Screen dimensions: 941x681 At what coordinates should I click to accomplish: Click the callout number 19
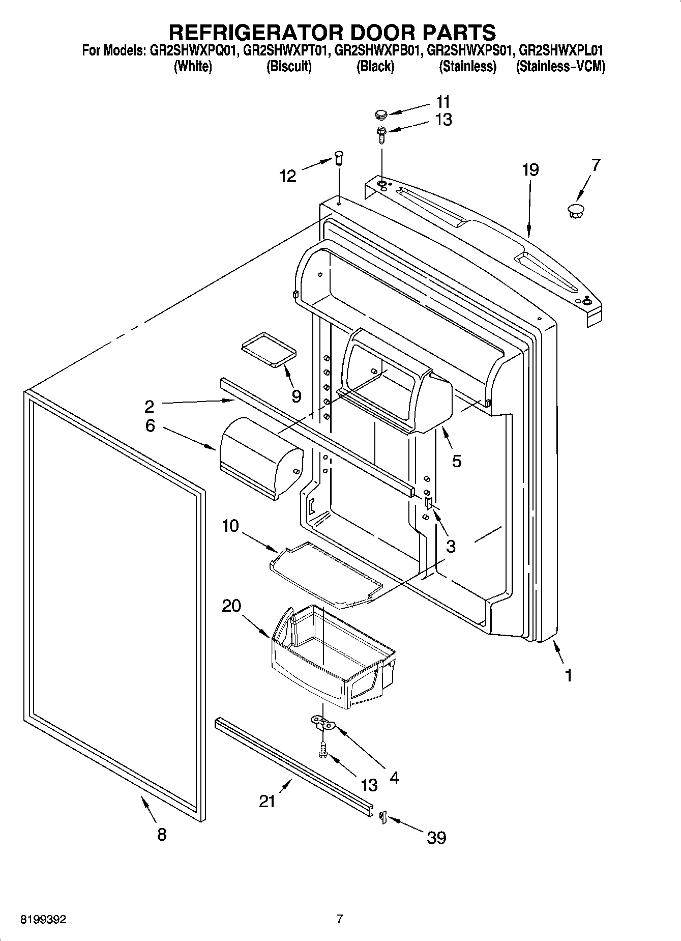click(x=530, y=170)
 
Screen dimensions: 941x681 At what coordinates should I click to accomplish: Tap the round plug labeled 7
click(x=575, y=210)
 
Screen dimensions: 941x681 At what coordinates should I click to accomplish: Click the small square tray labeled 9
click(x=268, y=349)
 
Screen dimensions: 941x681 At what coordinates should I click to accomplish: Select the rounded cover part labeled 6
click(x=260, y=457)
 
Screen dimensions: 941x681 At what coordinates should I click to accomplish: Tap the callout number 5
click(x=456, y=461)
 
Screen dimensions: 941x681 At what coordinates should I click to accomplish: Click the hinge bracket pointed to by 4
click(x=322, y=722)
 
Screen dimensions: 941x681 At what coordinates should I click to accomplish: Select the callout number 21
click(x=267, y=801)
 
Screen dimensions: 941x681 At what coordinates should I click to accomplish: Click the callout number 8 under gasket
click(x=161, y=835)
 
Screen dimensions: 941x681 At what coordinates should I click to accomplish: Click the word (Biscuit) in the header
click(x=289, y=67)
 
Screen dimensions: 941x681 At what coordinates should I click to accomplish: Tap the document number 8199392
click(x=43, y=920)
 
